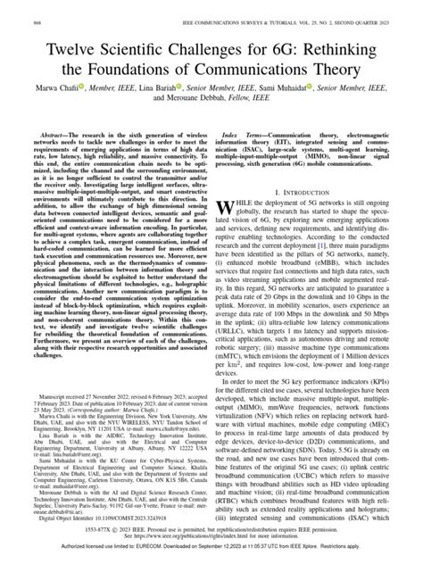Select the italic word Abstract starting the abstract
43,129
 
